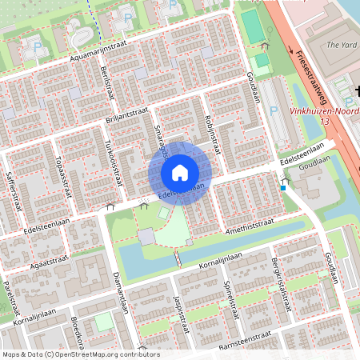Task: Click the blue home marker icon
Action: (180, 172)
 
